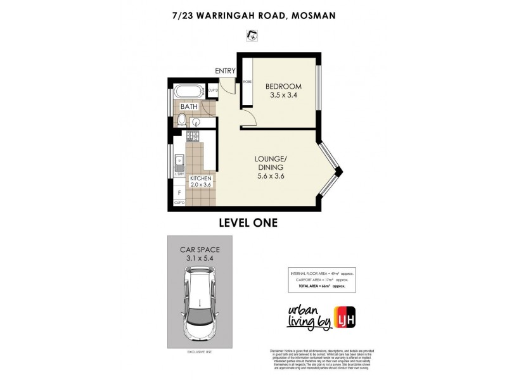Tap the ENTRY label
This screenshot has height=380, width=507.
[x=225, y=70]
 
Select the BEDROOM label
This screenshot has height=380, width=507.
[x=283, y=87]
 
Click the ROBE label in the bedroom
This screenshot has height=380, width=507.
[x=246, y=82]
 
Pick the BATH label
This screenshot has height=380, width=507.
[x=189, y=106]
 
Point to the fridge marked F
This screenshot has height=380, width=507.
[x=179, y=191]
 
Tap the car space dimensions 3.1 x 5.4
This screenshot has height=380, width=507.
[x=200, y=258]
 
